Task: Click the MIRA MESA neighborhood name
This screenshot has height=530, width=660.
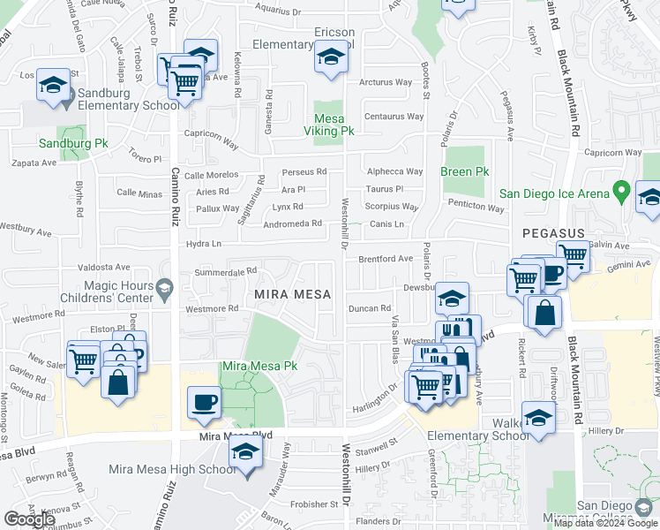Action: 293,294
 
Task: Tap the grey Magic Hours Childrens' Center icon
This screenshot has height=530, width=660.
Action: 164,286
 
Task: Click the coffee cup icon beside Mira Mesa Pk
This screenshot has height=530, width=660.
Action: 204,403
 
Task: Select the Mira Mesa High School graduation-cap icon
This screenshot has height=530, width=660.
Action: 245,454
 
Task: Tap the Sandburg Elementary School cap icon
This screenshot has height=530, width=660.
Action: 53,86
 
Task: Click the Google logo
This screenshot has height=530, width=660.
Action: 30,519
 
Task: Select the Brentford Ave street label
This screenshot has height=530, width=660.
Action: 385,259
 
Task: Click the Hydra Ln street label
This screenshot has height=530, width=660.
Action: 202,244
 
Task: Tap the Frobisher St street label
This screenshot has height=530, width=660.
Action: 309,504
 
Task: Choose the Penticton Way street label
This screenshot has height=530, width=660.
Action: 476,208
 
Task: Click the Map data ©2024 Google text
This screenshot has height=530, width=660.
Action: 604,523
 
